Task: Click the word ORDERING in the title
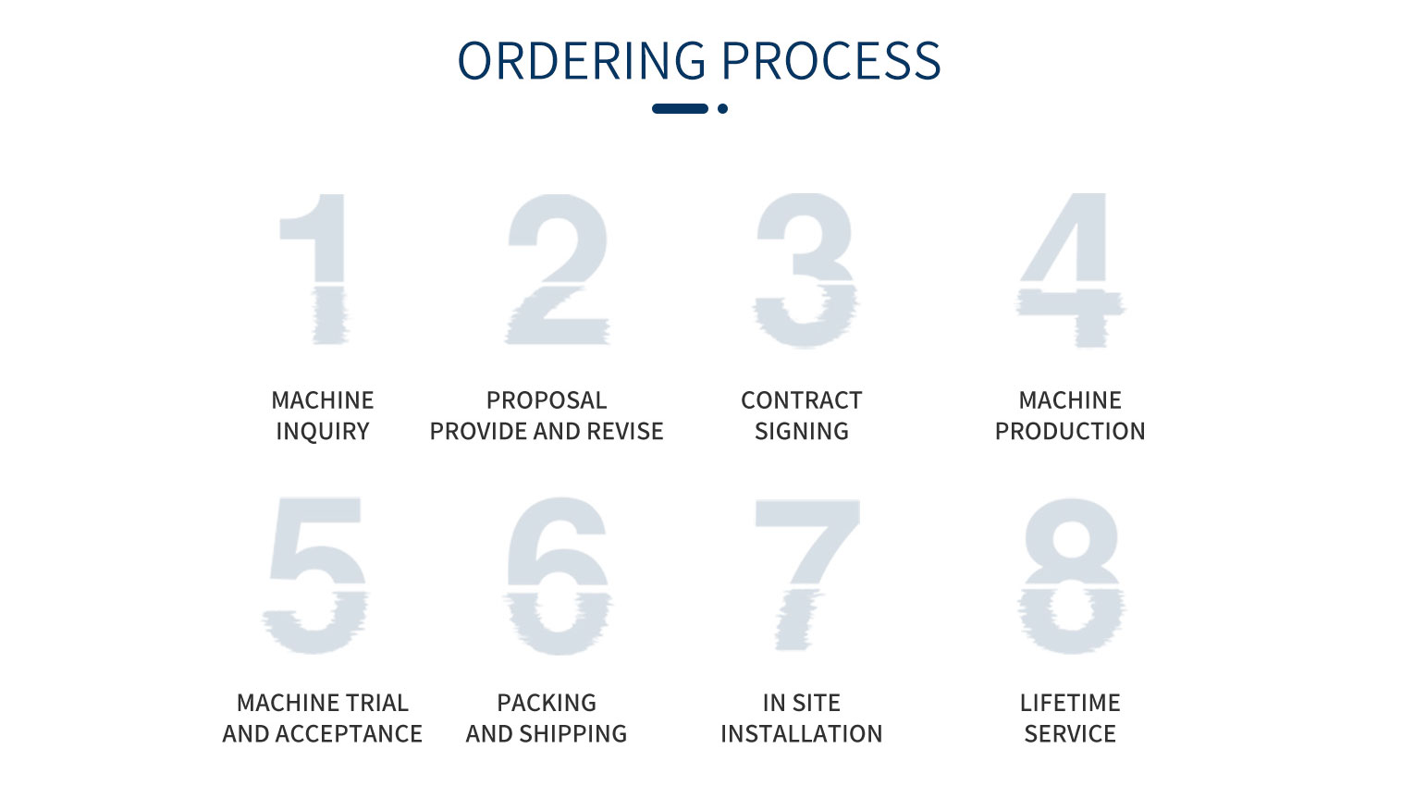(582, 61)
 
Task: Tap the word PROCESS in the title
(831, 61)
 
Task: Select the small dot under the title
(722, 109)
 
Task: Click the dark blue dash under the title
(680, 109)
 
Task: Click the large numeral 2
(558, 269)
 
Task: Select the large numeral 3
(805, 270)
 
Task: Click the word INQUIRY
(323, 431)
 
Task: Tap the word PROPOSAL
(547, 400)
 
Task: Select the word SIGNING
(801, 431)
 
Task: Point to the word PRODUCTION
(1070, 431)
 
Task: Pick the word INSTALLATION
(801, 733)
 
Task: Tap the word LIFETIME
(1070, 703)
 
